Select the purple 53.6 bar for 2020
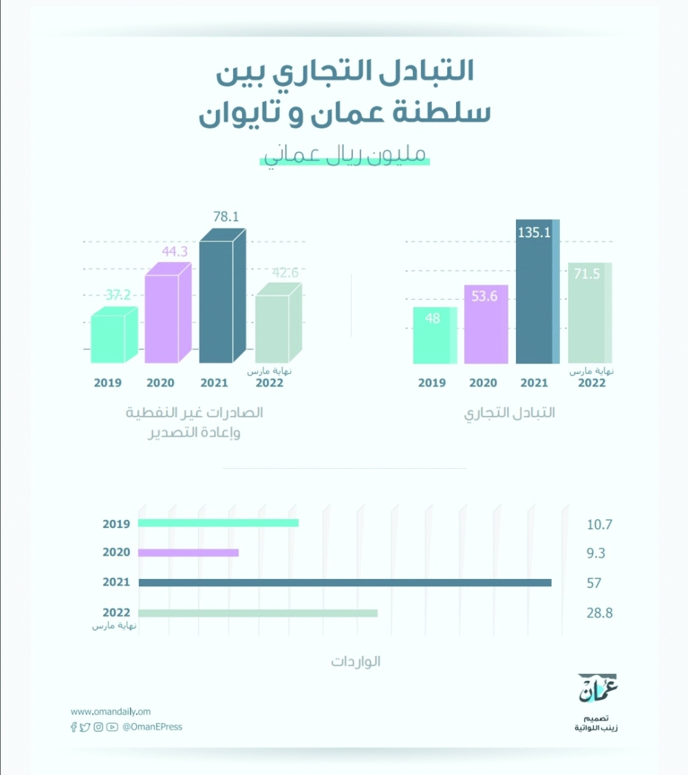(x=486, y=325)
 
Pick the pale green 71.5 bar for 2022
(x=590, y=313)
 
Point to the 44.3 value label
(x=174, y=252)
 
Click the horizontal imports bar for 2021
(x=345, y=582)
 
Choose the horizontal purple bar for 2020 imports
(x=188, y=552)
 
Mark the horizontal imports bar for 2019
(x=218, y=523)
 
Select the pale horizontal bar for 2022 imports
(x=257, y=613)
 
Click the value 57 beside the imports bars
(x=594, y=583)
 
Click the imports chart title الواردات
(x=355, y=662)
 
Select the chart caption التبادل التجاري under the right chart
(x=510, y=413)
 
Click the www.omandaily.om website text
(x=110, y=712)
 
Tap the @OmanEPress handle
(x=152, y=727)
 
